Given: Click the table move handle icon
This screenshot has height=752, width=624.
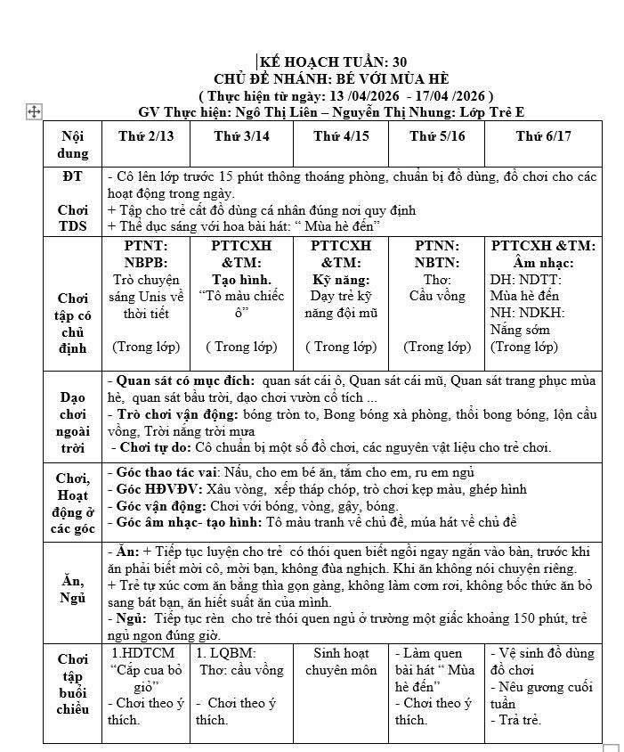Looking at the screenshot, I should click(x=34, y=111).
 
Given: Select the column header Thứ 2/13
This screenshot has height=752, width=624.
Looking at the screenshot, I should click(x=147, y=136).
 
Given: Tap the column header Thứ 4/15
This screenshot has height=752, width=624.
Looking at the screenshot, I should click(x=342, y=136).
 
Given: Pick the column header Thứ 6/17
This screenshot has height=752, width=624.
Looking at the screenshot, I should click(x=543, y=136).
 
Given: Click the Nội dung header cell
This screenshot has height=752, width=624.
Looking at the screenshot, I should click(x=74, y=144).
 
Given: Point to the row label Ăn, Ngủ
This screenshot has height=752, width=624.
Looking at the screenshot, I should click(x=74, y=589).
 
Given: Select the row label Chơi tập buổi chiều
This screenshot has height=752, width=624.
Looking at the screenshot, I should click(x=74, y=684).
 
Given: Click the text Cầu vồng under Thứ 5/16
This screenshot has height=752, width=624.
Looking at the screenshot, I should click(x=437, y=296).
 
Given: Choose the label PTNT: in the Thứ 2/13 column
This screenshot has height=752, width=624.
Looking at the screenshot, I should click(x=145, y=246).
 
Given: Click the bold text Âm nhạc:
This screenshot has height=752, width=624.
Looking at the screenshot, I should click(x=543, y=263).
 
